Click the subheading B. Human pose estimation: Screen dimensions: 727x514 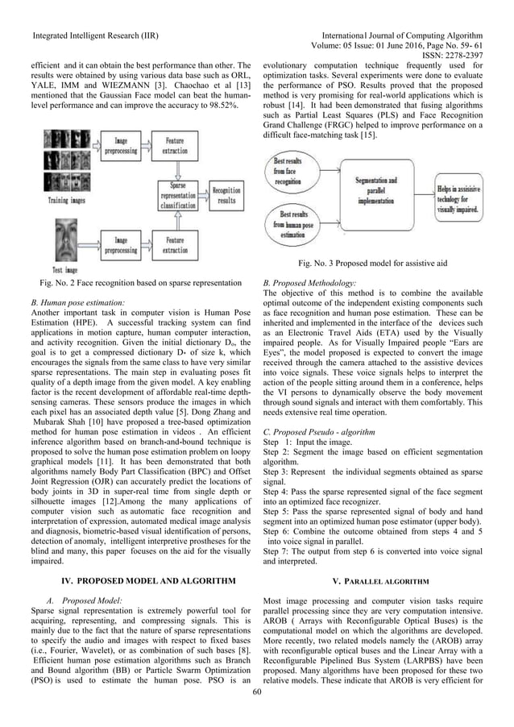pos(79,301)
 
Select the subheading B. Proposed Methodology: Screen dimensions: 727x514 pos(310,285)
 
